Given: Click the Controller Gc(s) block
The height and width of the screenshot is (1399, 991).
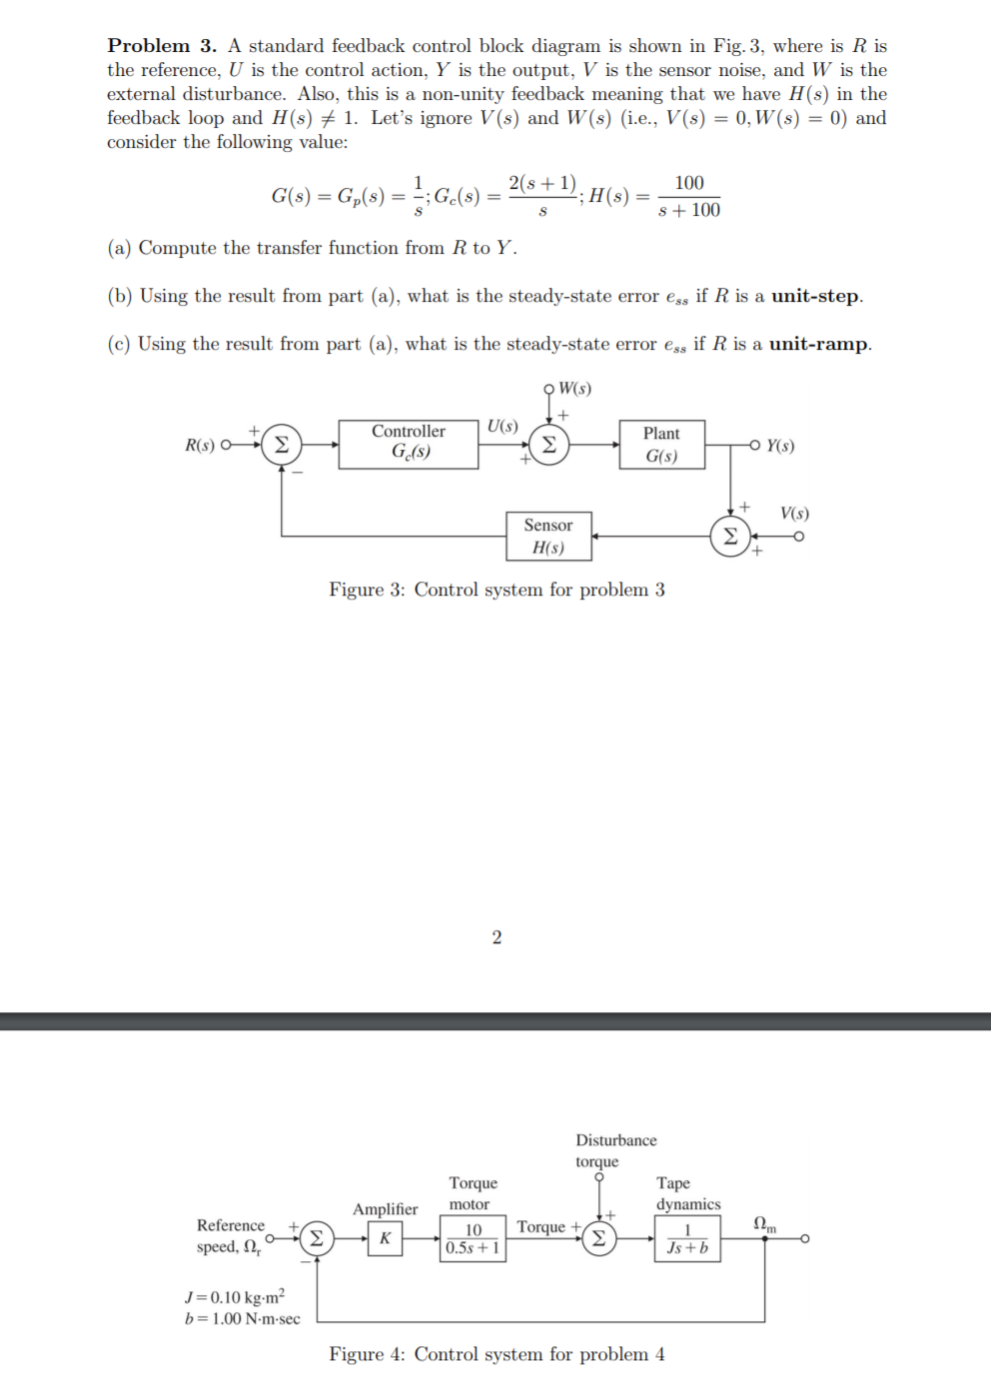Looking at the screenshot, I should [x=409, y=444].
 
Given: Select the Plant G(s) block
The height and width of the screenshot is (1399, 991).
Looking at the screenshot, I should [x=661, y=445].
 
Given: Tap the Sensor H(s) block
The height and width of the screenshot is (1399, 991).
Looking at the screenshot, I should [x=548, y=537].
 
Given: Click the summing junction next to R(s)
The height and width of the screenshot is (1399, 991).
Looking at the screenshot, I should [x=282, y=445].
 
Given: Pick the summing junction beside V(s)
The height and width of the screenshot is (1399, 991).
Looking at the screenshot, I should [x=730, y=537].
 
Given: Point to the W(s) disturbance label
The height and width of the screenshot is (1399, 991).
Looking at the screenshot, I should [x=574, y=389].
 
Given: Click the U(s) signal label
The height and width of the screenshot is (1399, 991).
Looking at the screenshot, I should [x=502, y=426].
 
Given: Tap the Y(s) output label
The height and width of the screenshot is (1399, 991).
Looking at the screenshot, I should [x=780, y=446].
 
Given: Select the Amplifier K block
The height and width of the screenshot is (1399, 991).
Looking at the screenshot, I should [x=385, y=1238].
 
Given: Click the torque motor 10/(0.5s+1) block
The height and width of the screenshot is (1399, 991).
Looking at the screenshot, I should [x=473, y=1238].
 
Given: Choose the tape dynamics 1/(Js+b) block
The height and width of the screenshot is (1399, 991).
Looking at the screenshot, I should [x=687, y=1238].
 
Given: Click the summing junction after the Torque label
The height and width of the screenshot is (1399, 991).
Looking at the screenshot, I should [x=598, y=1238].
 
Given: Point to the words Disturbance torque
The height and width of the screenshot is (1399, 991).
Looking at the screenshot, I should [x=615, y=1150].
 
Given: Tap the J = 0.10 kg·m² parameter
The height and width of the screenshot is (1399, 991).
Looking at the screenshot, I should [x=235, y=1297].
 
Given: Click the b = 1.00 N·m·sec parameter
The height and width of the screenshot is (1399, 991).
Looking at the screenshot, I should [x=242, y=1319].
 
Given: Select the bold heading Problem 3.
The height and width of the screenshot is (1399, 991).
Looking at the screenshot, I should [x=162, y=46].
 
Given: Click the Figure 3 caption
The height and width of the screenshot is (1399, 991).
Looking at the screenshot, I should [x=496, y=590].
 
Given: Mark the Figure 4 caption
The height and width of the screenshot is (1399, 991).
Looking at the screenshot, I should [x=496, y=1354].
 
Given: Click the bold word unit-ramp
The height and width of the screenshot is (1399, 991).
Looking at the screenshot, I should [x=818, y=344].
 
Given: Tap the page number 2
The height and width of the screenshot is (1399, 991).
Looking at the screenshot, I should [x=496, y=937].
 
